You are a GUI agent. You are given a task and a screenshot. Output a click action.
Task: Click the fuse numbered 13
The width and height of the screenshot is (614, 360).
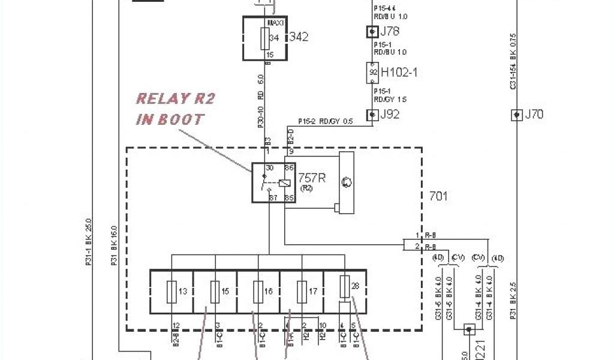click(x=172, y=292)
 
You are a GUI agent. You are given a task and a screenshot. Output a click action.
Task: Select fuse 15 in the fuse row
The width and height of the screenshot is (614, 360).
click(x=215, y=292)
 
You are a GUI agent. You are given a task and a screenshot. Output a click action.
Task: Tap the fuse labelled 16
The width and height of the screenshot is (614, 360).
click(x=258, y=292)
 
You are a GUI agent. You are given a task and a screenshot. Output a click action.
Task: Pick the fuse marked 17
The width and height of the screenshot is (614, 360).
click(x=302, y=292)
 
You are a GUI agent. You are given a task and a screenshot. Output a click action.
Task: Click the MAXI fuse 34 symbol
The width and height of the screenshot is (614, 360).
click(x=264, y=39)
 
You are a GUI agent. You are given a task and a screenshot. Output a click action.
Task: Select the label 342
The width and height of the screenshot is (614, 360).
click(x=299, y=37)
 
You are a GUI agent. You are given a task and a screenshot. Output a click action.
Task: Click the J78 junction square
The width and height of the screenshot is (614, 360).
click(x=372, y=31)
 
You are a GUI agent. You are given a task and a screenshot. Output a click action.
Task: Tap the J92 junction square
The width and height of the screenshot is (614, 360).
click(x=372, y=114)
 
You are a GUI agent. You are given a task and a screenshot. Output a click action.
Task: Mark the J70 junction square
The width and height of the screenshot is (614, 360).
click(x=516, y=114)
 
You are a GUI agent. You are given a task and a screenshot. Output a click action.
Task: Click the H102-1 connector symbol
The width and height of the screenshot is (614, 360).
click(x=372, y=73)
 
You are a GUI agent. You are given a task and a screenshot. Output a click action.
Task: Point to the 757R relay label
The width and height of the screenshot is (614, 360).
click(x=312, y=178)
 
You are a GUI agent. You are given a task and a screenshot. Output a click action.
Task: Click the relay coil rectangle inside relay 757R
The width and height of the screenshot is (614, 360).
click(x=286, y=183)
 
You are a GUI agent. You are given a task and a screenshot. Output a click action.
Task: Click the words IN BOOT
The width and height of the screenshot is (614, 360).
click(x=170, y=119)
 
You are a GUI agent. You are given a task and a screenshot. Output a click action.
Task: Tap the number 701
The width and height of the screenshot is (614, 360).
click(x=438, y=196)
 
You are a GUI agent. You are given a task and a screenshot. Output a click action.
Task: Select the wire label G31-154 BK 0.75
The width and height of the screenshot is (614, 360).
click(x=513, y=62)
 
